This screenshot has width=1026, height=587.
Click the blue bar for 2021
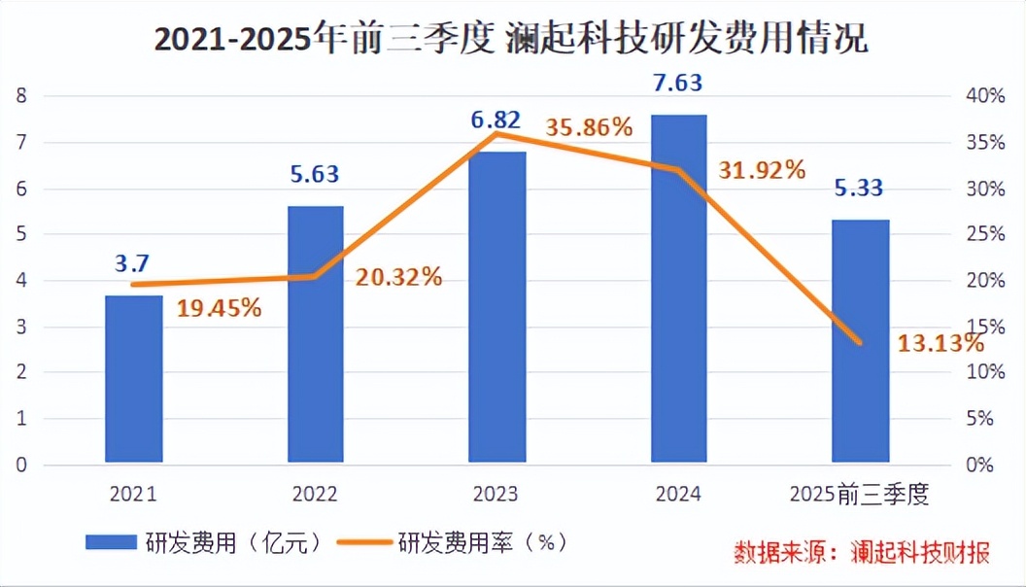click(x=134, y=378)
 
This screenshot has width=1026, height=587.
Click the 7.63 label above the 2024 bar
click(x=679, y=82)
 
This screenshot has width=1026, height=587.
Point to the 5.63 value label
click(x=316, y=175)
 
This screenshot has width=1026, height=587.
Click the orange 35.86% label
click(x=590, y=128)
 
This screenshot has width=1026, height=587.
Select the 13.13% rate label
click(x=940, y=342)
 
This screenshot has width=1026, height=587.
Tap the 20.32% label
click(x=398, y=276)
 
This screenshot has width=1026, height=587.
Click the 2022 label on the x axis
click(x=315, y=495)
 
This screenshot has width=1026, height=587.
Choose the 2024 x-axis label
click(x=678, y=495)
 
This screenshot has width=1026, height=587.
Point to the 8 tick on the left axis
click(x=19, y=95)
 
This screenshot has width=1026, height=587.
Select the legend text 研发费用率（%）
click(x=482, y=542)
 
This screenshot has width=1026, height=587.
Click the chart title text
click(x=512, y=40)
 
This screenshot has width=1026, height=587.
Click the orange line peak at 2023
click(x=497, y=133)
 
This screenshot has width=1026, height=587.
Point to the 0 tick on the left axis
click(x=19, y=465)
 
